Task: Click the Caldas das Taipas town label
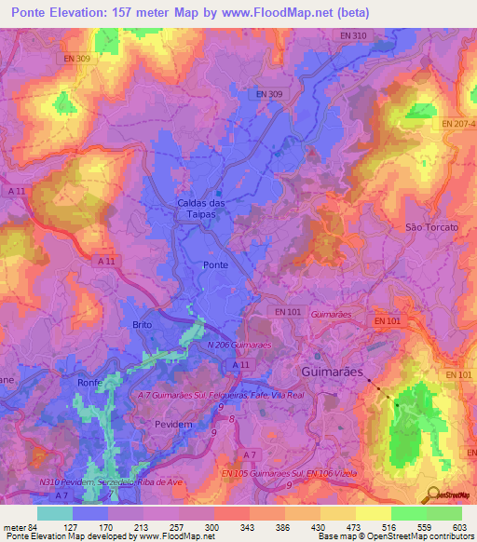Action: click(201, 207)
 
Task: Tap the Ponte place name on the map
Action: click(214, 265)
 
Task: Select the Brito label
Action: click(142, 324)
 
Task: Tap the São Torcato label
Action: click(431, 227)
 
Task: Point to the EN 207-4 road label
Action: click(458, 124)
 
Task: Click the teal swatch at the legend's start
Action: click(55, 513)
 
